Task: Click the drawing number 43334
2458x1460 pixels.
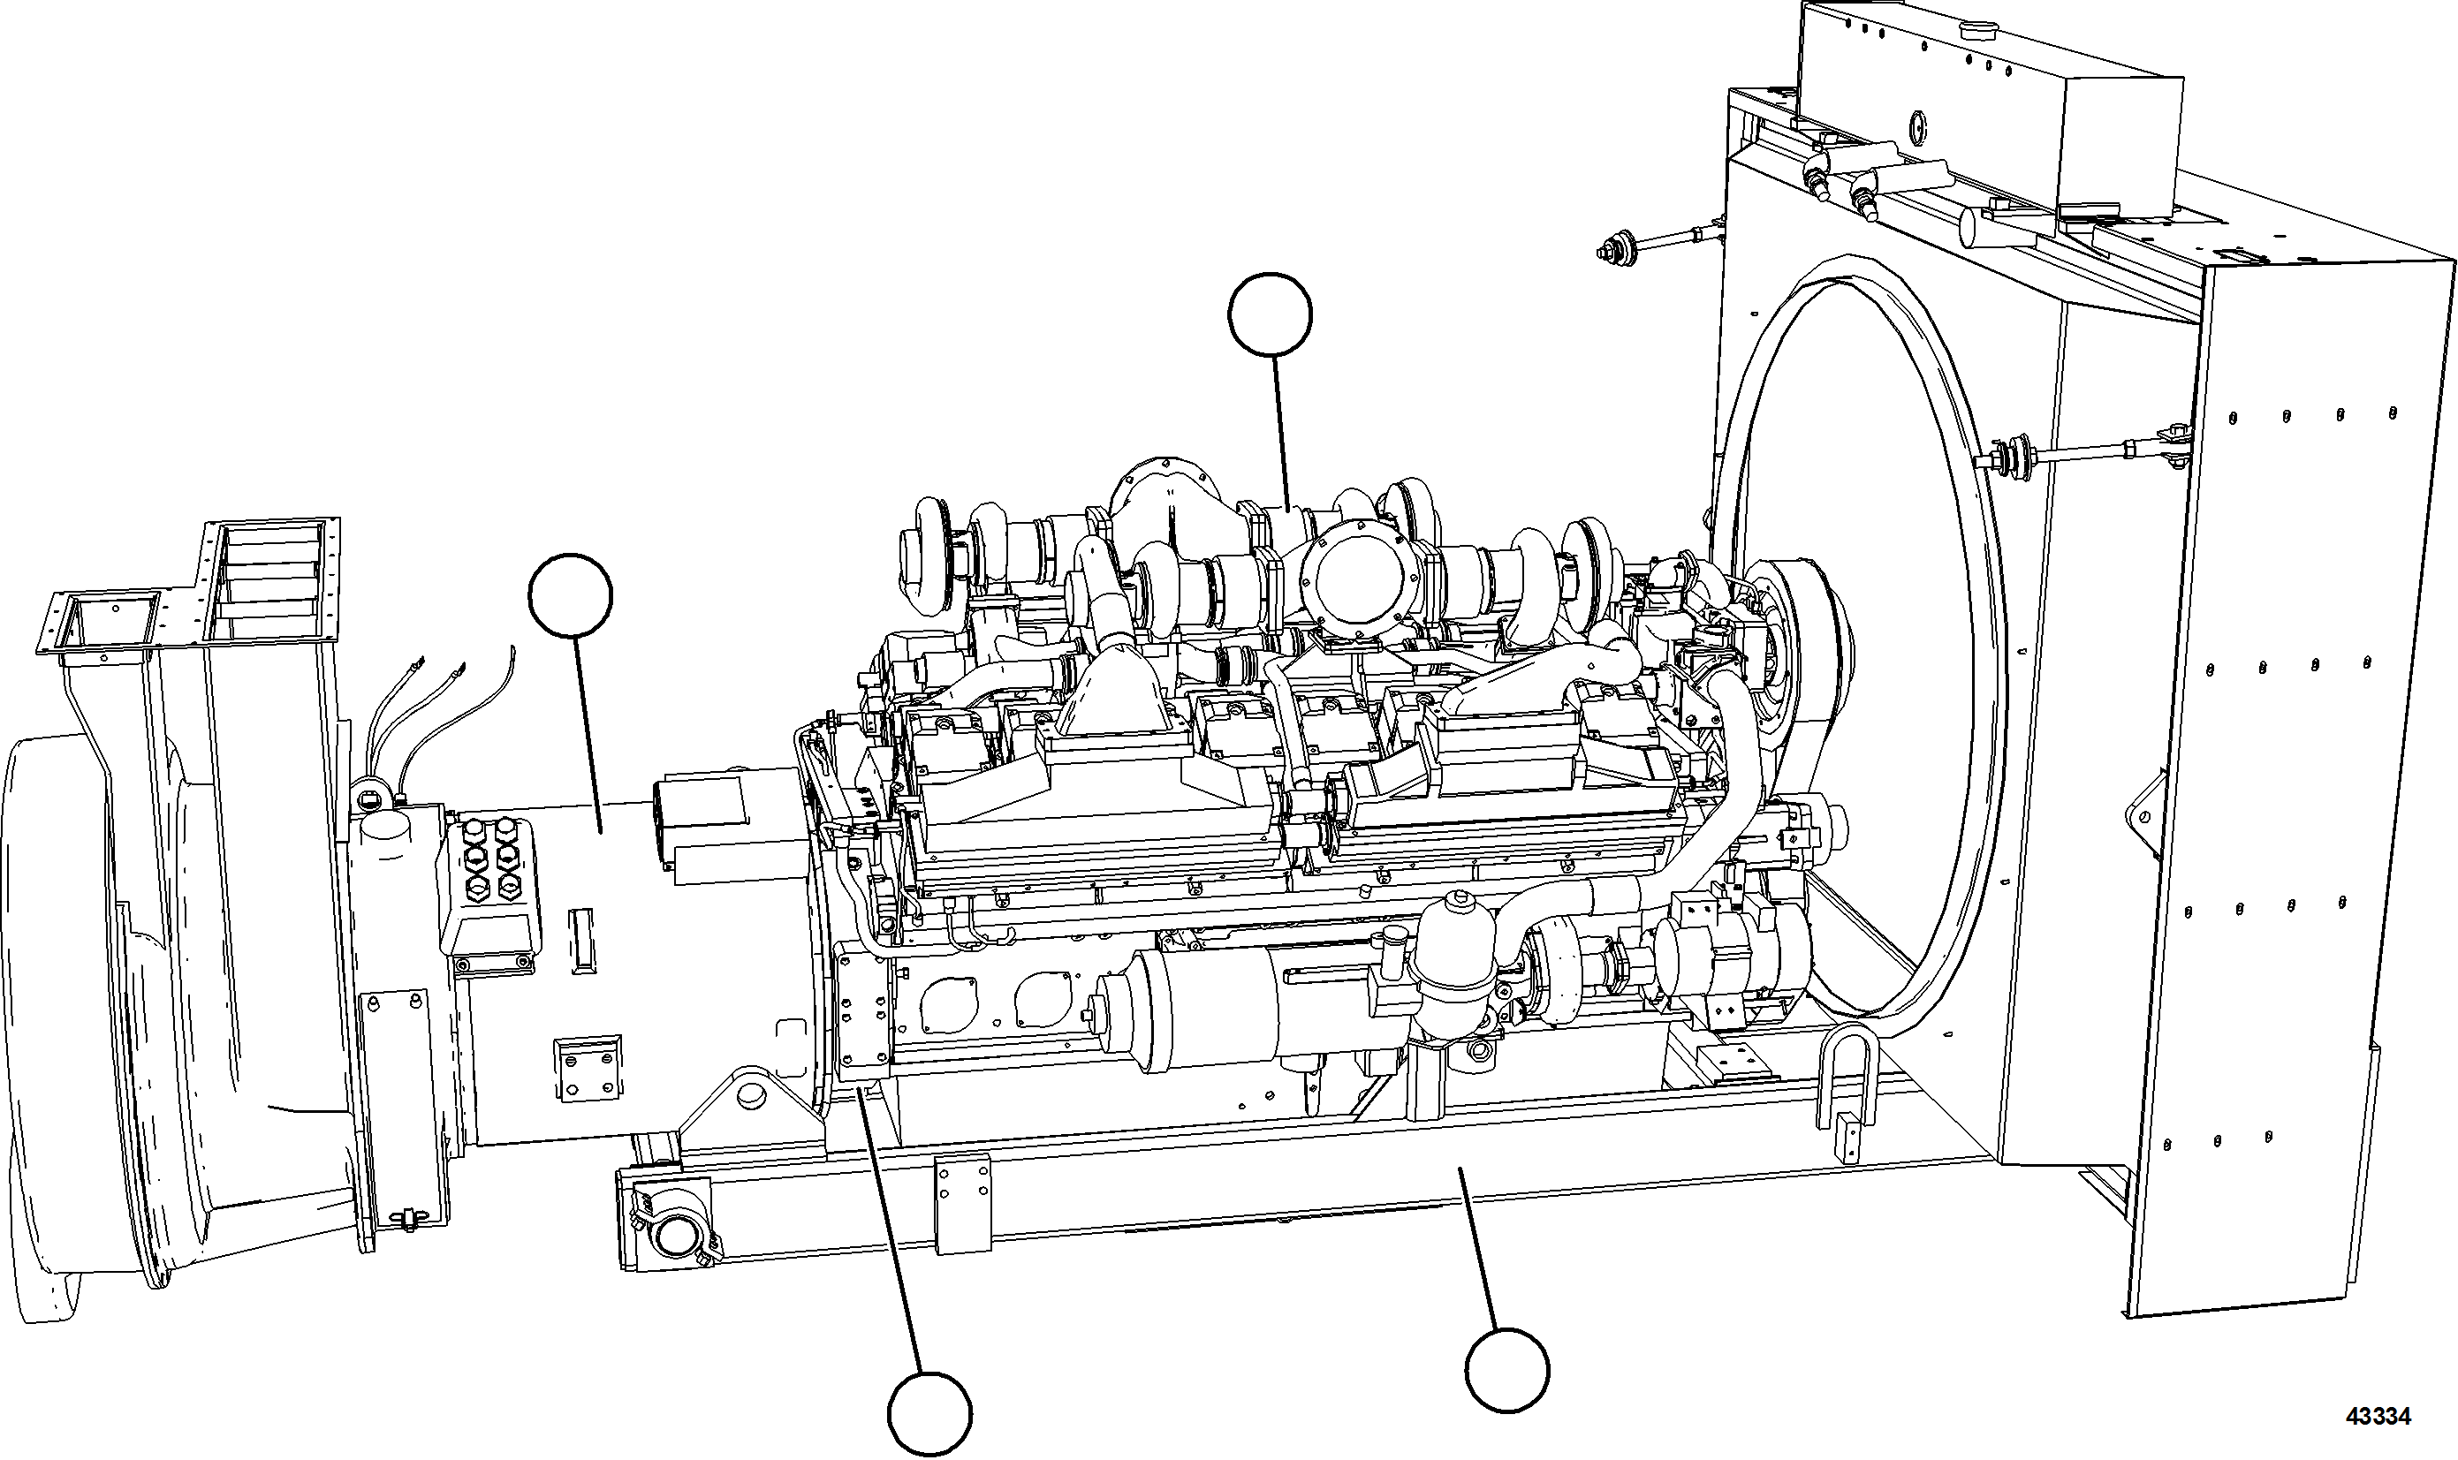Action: click(2377, 1417)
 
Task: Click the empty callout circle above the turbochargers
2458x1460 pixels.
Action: click(1270, 314)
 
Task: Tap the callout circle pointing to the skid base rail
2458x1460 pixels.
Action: click(1506, 1371)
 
